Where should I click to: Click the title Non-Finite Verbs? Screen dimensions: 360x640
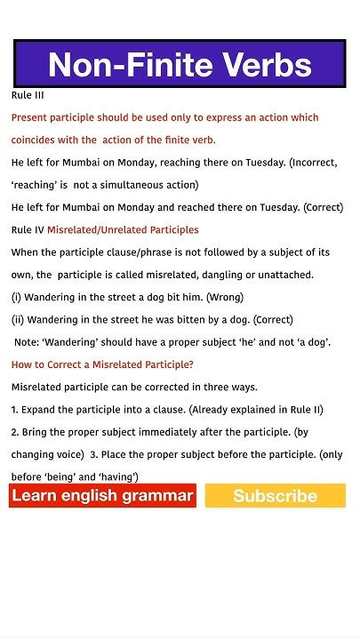(x=180, y=64)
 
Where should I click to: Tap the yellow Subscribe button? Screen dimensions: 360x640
(x=275, y=496)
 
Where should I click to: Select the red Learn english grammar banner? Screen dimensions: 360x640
(x=102, y=495)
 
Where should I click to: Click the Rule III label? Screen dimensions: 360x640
(x=28, y=95)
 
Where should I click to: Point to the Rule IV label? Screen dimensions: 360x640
(x=28, y=229)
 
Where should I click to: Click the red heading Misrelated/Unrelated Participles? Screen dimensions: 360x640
(x=123, y=229)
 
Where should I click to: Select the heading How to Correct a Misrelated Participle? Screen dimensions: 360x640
(x=102, y=364)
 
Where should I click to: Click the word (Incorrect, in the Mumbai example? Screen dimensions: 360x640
(x=314, y=163)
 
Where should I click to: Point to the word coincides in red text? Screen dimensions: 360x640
(x=38, y=140)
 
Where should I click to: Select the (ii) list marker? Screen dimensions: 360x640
(x=19, y=319)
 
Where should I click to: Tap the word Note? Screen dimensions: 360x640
(x=30, y=342)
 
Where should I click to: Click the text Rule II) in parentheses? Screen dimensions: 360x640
(x=303, y=410)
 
